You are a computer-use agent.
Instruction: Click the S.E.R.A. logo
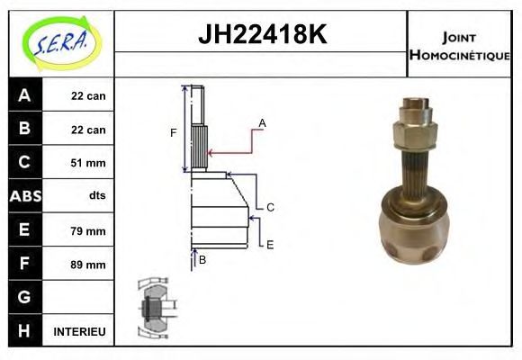point(61,43)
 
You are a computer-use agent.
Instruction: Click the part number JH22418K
point(262,34)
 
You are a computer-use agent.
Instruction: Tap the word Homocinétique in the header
point(459,55)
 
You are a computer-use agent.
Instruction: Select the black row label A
point(25,94)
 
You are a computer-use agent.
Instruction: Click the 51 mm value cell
point(88,163)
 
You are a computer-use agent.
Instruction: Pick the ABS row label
point(25,196)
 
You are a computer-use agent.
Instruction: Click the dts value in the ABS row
point(97,195)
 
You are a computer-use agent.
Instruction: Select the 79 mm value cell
point(88,230)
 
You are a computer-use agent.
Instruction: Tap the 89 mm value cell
point(88,265)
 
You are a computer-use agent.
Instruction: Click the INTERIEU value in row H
point(79,332)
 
